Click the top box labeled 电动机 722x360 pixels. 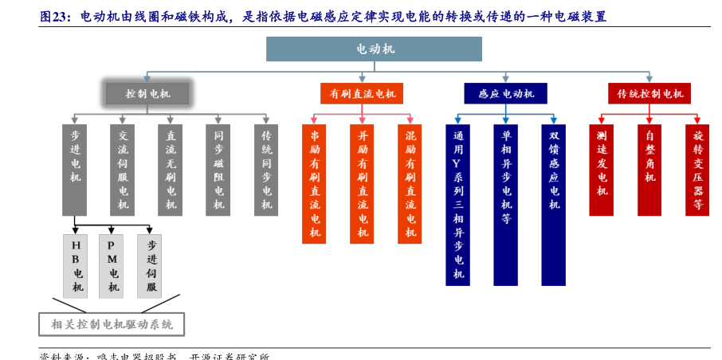click(375, 49)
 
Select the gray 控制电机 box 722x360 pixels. click(147, 94)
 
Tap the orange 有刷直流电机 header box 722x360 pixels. click(362, 94)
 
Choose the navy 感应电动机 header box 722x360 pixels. click(506, 94)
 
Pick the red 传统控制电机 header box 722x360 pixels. click(649, 94)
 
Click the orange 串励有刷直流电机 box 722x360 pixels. click(314, 183)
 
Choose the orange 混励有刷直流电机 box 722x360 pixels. click(410, 183)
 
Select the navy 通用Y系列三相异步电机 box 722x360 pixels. click(457, 204)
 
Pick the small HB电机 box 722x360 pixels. click(76, 265)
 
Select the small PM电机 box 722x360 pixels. click(112, 265)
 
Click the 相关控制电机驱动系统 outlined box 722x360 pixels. click(112, 324)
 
